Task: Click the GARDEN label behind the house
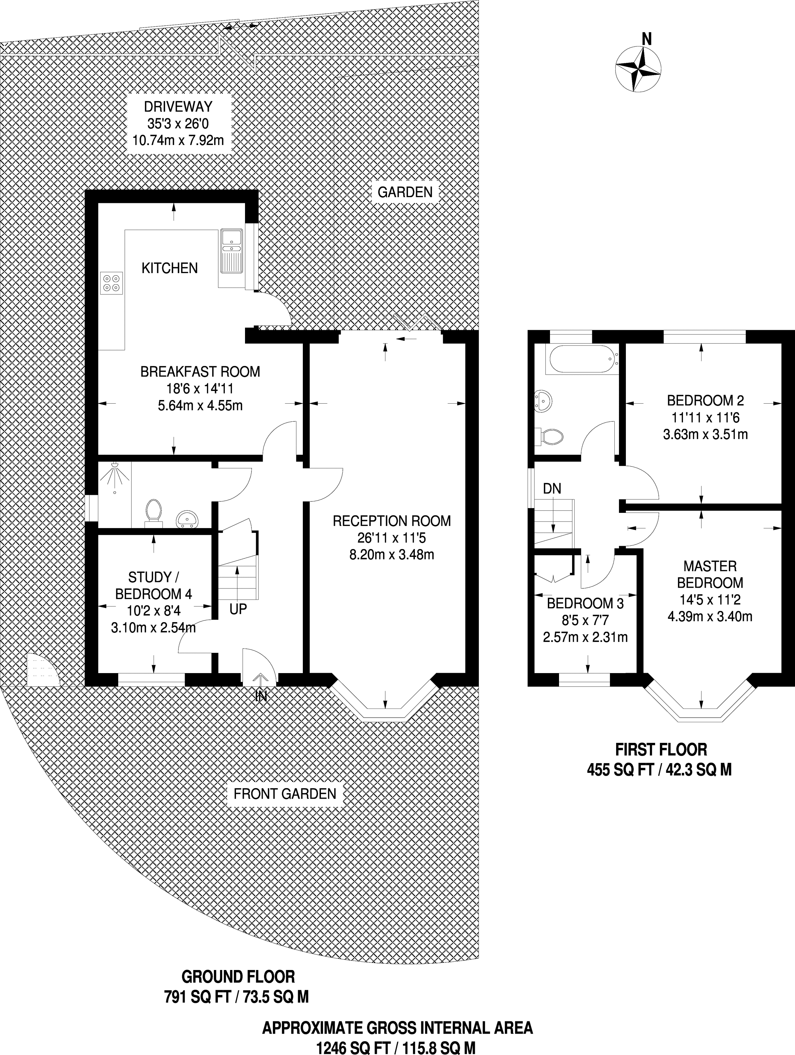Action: [405, 192]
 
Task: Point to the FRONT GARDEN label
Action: [285, 794]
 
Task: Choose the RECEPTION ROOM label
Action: [392, 521]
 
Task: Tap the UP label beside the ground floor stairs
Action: [238, 609]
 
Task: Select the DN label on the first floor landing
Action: [553, 488]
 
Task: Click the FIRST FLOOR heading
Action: [661, 750]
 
